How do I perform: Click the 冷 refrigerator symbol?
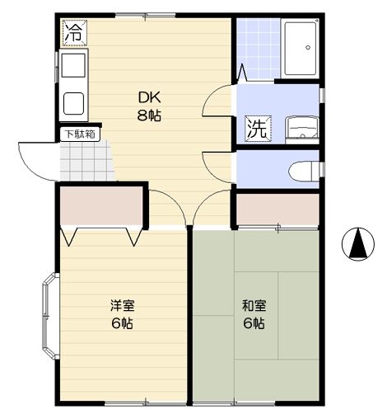tap(73, 33)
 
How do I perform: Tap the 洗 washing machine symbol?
tap(256, 129)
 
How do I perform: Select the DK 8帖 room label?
tap(149, 105)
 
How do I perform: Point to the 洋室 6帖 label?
tap(122, 313)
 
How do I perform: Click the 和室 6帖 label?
tap(254, 313)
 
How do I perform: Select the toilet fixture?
tap(303, 170)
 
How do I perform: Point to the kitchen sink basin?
tap(72, 65)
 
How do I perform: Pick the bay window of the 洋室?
tap(49, 318)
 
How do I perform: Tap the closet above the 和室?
tap(277, 209)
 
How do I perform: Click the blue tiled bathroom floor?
tap(257, 48)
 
